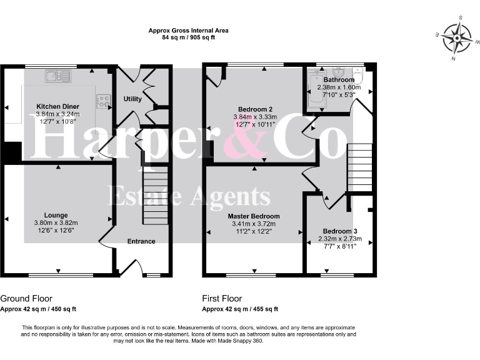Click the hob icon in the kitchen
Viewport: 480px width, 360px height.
click(103, 100)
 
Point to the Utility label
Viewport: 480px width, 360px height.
click(132, 99)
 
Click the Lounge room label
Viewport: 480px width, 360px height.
click(56, 215)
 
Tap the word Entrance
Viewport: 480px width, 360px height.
click(141, 241)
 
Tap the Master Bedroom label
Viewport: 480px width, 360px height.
click(253, 216)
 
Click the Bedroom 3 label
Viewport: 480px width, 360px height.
click(341, 231)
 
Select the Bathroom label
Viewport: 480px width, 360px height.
click(339, 80)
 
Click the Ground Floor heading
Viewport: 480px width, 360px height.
click(26, 299)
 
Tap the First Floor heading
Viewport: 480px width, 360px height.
click(222, 299)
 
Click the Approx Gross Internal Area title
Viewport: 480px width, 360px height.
click(188, 30)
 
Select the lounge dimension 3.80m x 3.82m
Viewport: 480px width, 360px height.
click(56, 222)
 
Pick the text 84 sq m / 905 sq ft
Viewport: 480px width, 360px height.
click(188, 37)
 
